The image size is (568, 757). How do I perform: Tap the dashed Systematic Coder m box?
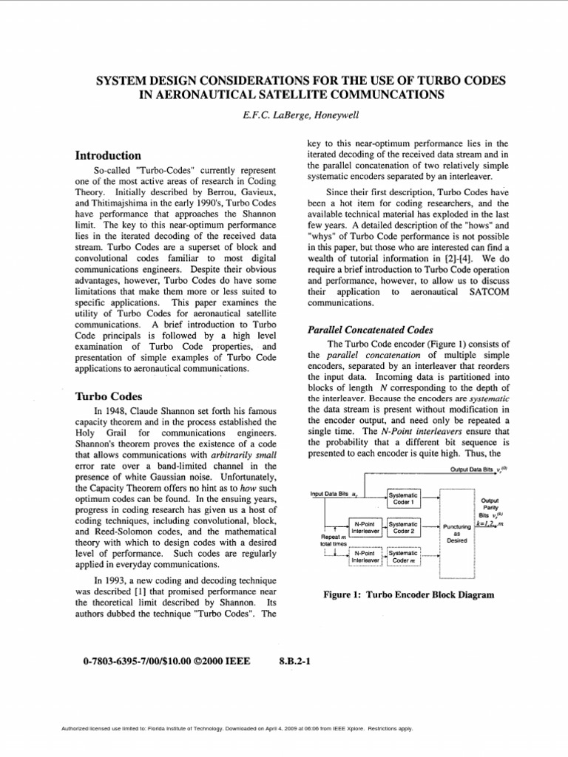tap(404, 556)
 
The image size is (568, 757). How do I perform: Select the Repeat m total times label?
tap(332, 541)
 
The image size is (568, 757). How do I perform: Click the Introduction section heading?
tap(109, 156)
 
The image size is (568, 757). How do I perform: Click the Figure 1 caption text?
tap(408, 594)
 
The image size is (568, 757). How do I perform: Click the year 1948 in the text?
tap(119, 410)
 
